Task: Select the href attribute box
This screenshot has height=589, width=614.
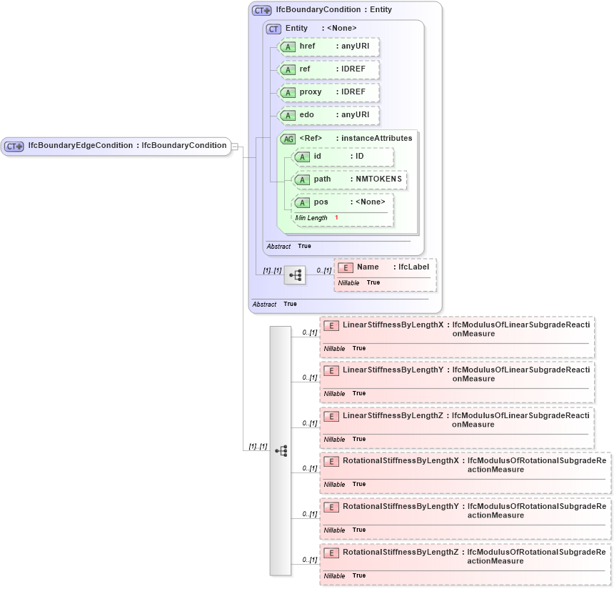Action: pos(328,46)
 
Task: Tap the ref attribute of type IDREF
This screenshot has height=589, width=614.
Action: pos(328,69)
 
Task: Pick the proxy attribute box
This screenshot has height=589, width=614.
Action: pos(328,92)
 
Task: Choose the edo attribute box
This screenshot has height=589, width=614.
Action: pos(328,115)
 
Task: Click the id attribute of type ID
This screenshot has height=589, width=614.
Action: pos(343,157)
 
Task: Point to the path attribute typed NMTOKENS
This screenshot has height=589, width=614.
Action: pos(350,179)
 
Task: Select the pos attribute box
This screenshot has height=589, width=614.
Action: pos(343,202)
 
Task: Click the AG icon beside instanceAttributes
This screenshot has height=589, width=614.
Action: pos(288,139)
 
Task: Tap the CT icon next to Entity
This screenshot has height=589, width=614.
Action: pos(273,29)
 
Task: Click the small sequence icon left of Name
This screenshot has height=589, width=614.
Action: pos(294,274)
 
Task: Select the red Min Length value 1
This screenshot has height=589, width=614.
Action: pos(336,217)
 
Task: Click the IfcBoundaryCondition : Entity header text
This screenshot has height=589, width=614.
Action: pos(333,10)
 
